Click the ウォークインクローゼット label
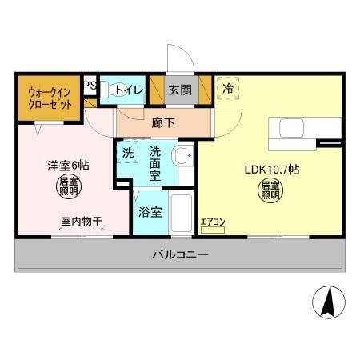pos(47,97)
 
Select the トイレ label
pos(130,90)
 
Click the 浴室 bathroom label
pos(150,213)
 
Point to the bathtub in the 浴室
pos(182,214)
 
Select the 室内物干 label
pos(80,222)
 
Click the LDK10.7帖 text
pos(272,169)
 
